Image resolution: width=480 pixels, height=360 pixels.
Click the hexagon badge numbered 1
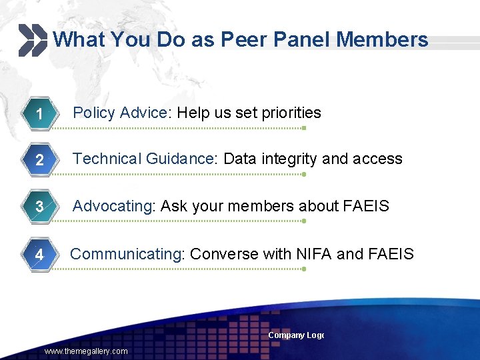coord(39,115)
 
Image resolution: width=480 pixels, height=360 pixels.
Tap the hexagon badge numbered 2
coord(39,161)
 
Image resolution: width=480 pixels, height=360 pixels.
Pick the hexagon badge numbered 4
coord(39,255)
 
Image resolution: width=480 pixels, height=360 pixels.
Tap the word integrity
coord(291,159)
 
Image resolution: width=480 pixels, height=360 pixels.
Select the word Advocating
coord(113,206)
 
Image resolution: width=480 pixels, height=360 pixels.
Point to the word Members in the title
coord(382,40)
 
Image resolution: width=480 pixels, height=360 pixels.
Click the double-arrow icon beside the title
coord(32,40)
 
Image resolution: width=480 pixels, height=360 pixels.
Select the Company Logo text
coord(296,335)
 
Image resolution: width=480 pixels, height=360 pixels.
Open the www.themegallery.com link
coord(86,351)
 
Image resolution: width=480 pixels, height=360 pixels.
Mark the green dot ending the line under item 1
coord(303,128)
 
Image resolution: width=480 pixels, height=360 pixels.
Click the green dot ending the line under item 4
coord(303,269)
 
